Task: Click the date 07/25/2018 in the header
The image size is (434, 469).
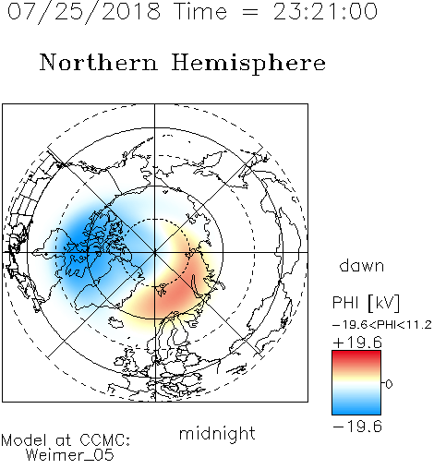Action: (84, 12)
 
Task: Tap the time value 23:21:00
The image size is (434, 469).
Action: (325, 11)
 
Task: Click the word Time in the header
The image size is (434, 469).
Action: (200, 11)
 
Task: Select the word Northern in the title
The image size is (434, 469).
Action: (99, 62)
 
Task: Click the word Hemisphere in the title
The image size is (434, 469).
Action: (248, 63)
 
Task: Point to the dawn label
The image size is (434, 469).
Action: (362, 265)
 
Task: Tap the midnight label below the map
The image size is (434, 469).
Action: (217, 434)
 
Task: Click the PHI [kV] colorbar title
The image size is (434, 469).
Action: (366, 303)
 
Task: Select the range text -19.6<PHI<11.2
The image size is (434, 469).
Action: (382, 325)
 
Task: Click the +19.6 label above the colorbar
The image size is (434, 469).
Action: (357, 343)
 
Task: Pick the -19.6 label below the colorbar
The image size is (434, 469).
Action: (357, 427)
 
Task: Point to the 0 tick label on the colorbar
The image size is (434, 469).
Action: (389, 384)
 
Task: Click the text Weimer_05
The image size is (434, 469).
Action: (70, 455)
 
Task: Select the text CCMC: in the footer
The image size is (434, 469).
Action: (104, 440)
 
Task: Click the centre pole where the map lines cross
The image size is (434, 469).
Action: (155, 252)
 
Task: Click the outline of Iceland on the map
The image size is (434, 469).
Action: (115, 323)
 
